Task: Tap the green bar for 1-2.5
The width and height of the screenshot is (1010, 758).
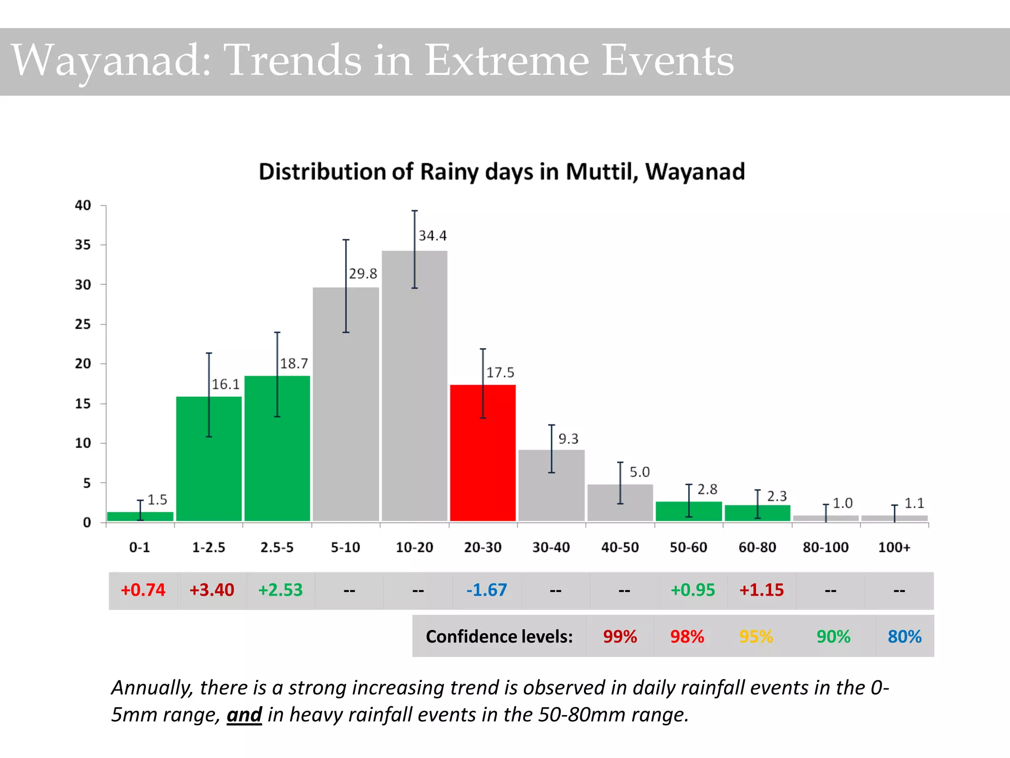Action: tap(209, 458)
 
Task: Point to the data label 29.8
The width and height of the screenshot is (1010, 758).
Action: tap(363, 274)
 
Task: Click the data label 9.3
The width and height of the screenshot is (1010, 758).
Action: tap(568, 439)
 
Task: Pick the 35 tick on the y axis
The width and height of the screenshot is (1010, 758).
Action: tap(83, 245)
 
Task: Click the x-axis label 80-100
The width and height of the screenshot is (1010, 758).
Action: tap(826, 547)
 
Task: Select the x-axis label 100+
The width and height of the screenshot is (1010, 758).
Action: tap(894, 547)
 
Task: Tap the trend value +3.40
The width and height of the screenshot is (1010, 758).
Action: tap(212, 590)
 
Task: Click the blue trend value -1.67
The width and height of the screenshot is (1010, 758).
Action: tap(486, 590)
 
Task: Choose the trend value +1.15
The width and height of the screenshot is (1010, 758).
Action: tap(761, 590)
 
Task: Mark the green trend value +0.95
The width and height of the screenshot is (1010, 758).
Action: tap(692, 590)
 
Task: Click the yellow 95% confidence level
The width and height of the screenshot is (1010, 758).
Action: tap(756, 637)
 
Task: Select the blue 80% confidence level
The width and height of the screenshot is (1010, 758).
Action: tap(904, 637)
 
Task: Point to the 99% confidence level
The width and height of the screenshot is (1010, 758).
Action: tap(620, 637)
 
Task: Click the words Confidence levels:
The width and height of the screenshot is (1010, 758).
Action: tap(499, 637)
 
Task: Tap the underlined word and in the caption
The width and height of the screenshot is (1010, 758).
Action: tap(244, 715)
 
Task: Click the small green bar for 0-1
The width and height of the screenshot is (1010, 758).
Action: tap(140, 516)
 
